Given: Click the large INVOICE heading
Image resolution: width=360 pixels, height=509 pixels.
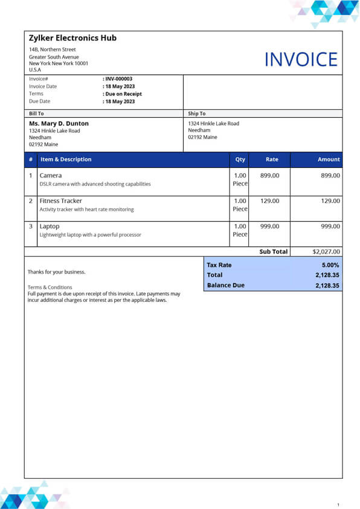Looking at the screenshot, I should click(301, 59).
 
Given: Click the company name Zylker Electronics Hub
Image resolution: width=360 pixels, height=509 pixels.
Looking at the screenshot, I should click(72, 38).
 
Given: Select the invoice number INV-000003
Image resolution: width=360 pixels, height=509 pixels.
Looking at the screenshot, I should click(118, 79).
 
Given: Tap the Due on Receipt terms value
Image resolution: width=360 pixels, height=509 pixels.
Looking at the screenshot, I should click(123, 94).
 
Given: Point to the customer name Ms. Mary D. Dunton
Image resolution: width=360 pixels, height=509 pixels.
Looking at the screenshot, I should click(59, 124).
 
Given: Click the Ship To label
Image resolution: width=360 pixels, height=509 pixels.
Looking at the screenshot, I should click(197, 114).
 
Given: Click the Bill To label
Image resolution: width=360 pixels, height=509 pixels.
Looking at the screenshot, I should click(36, 114).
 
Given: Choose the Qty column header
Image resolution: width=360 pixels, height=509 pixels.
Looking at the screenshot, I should click(240, 159).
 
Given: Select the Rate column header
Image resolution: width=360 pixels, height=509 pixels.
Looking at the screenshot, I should click(272, 159).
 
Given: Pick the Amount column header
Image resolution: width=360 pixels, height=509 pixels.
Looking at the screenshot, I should click(329, 159).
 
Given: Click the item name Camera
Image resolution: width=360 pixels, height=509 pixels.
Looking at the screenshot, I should click(50, 176).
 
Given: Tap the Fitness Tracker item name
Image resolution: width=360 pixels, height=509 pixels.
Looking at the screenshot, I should click(60, 201).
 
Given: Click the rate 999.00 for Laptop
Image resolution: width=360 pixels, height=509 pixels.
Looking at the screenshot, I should click(269, 226).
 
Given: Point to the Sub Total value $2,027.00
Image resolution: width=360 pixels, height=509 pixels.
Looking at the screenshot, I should click(326, 252).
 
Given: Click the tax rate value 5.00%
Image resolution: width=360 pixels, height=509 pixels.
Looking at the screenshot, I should click(330, 265).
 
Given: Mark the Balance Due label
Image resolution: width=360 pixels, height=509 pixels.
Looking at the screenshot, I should click(225, 285).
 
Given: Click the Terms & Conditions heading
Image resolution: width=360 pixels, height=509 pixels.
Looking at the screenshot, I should click(50, 287).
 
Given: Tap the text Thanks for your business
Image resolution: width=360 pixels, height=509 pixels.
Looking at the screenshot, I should click(56, 272).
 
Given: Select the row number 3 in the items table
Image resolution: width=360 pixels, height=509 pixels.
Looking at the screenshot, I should click(31, 226).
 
